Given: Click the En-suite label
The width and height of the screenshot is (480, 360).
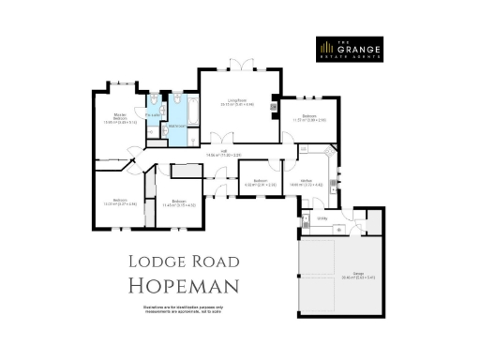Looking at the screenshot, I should tap(153, 116).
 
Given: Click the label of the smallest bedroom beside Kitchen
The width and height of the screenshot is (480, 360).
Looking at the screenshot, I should tap(261, 182).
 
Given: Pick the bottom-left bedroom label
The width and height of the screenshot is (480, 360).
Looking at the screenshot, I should tap(120, 202).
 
